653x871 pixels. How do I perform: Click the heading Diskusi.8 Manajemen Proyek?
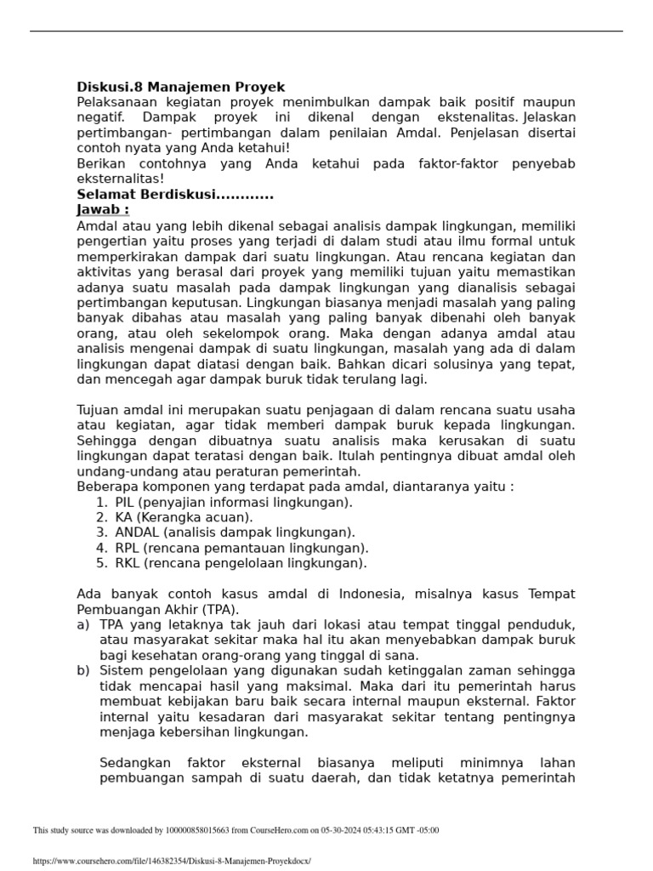click(x=180, y=87)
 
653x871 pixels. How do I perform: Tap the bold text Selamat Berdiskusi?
click(x=174, y=195)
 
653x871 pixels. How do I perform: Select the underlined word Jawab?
click(x=102, y=209)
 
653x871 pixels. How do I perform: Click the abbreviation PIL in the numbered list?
click(x=125, y=502)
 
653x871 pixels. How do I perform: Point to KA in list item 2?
click(x=124, y=517)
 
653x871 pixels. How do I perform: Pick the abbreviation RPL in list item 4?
click(x=127, y=548)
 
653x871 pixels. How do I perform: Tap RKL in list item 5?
click(x=127, y=563)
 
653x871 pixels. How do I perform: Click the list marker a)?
click(x=83, y=624)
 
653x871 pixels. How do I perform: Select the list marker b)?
click(x=83, y=670)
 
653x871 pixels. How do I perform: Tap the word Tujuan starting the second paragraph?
click(x=100, y=410)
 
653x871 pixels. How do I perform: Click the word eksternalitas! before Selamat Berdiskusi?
click(x=120, y=179)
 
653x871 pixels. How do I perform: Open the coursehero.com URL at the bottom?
click(x=172, y=861)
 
